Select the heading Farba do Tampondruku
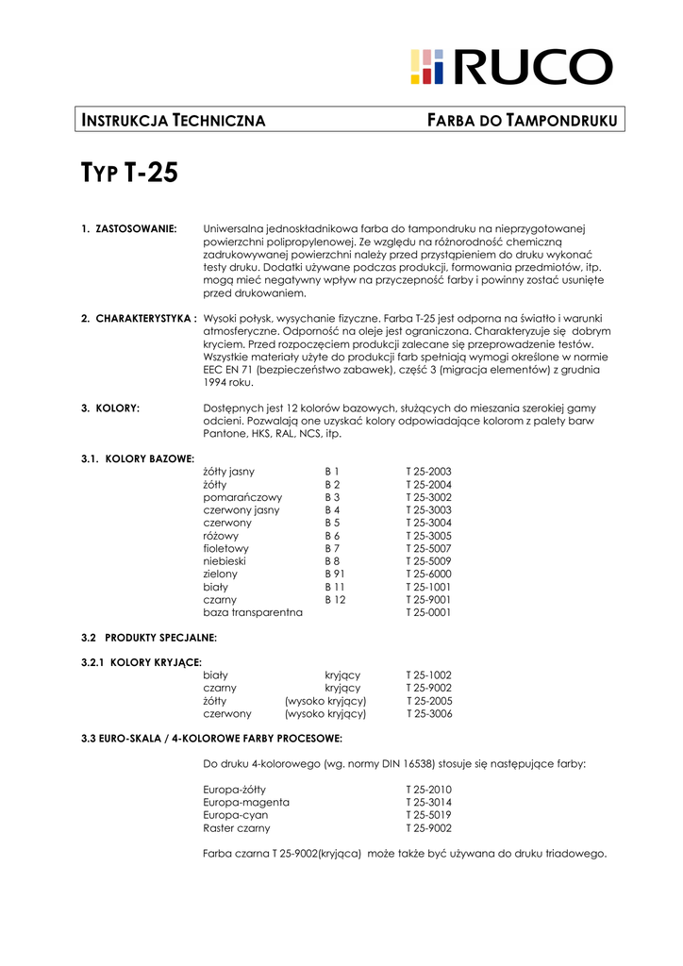pyautogui.click(x=523, y=120)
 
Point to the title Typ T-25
pyautogui.click(x=129, y=174)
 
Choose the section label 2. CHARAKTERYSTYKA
pyautogui.click(x=139, y=319)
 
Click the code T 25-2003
pyautogui.click(x=428, y=471)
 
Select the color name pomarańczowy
pyautogui.click(x=242, y=496)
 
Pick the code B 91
pyautogui.click(x=335, y=574)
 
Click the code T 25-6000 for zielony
pyautogui.click(x=428, y=574)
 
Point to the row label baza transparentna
pyautogui.click(x=253, y=612)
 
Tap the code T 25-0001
pyautogui.click(x=428, y=612)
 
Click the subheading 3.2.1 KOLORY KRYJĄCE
pyautogui.click(x=142, y=662)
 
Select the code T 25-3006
pyautogui.click(x=429, y=714)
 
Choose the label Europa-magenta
pyautogui.click(x=246, y=802)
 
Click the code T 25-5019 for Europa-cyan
pyautogui.click(x=428, y=815)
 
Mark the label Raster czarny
pyautogui.click(x=237, y=828)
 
